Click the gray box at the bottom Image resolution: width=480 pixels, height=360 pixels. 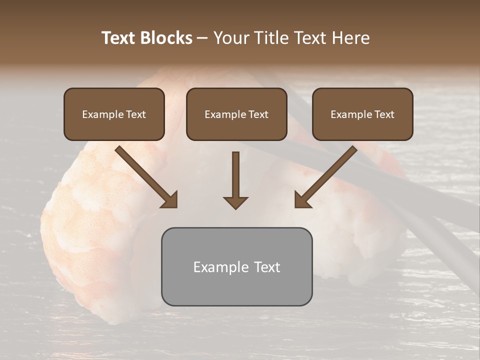tap(236, 287)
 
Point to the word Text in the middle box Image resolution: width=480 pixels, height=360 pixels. tap(258, 114)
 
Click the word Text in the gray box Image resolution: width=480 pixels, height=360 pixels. tap(266, 267)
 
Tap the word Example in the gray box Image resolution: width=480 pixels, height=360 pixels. tap(221, 267)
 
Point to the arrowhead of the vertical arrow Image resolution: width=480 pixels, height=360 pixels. tap(235, 202)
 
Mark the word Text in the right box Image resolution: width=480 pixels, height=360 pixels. tap(384, 114)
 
